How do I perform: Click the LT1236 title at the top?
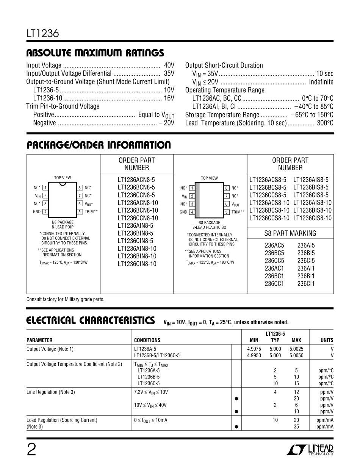point(42,34)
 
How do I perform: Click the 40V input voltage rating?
point(169,65)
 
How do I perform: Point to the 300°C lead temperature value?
point(325,123)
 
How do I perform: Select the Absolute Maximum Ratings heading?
point(95,53)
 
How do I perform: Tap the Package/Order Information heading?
point(99,145)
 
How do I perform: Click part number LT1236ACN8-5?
point(136,180)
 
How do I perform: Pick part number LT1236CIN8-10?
point(137,264)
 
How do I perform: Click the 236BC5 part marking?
point(274,253)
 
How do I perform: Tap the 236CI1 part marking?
point(306,283)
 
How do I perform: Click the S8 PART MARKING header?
point(290,233)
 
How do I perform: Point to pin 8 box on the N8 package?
point(80,188)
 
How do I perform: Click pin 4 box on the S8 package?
point(192,212)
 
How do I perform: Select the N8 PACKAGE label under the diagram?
point(63,222)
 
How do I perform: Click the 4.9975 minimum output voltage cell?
point(254,349)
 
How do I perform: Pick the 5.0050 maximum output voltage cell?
point(296,355)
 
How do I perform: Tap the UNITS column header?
point(327,340)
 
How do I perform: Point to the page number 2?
point(31,450)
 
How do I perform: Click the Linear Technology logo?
point(310,449)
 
